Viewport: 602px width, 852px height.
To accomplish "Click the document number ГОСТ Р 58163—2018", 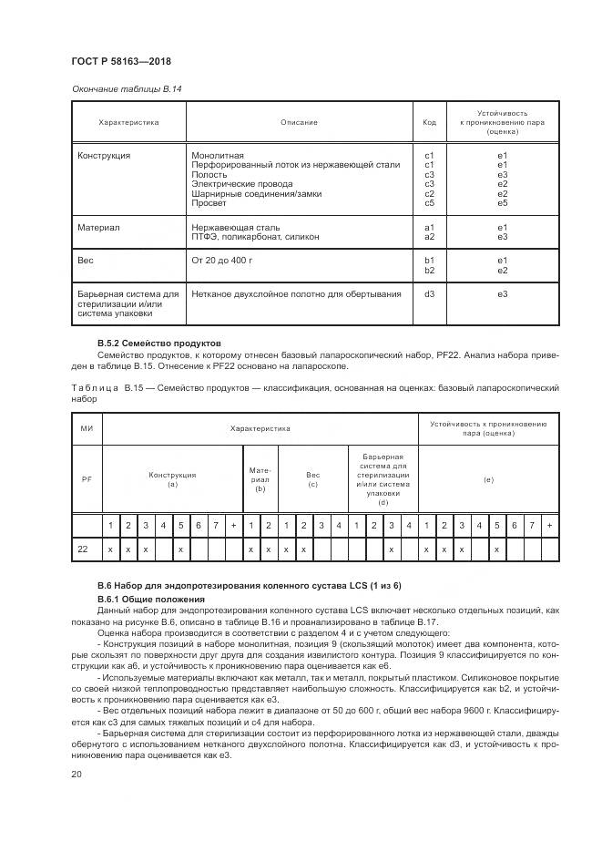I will point(120,62).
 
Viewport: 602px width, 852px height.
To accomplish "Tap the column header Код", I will point(430,122).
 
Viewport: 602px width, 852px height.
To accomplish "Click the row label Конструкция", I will point(104,156).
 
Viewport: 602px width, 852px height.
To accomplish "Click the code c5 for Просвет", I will point(430,202).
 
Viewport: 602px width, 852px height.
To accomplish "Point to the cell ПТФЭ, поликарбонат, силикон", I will point(255,237).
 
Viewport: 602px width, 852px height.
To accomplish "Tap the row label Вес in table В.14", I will point(86,261).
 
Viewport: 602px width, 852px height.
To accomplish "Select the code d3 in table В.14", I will point(430,293).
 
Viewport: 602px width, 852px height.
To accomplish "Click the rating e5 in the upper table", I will point(502,202).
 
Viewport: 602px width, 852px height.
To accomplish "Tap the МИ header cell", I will point(87,427).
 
